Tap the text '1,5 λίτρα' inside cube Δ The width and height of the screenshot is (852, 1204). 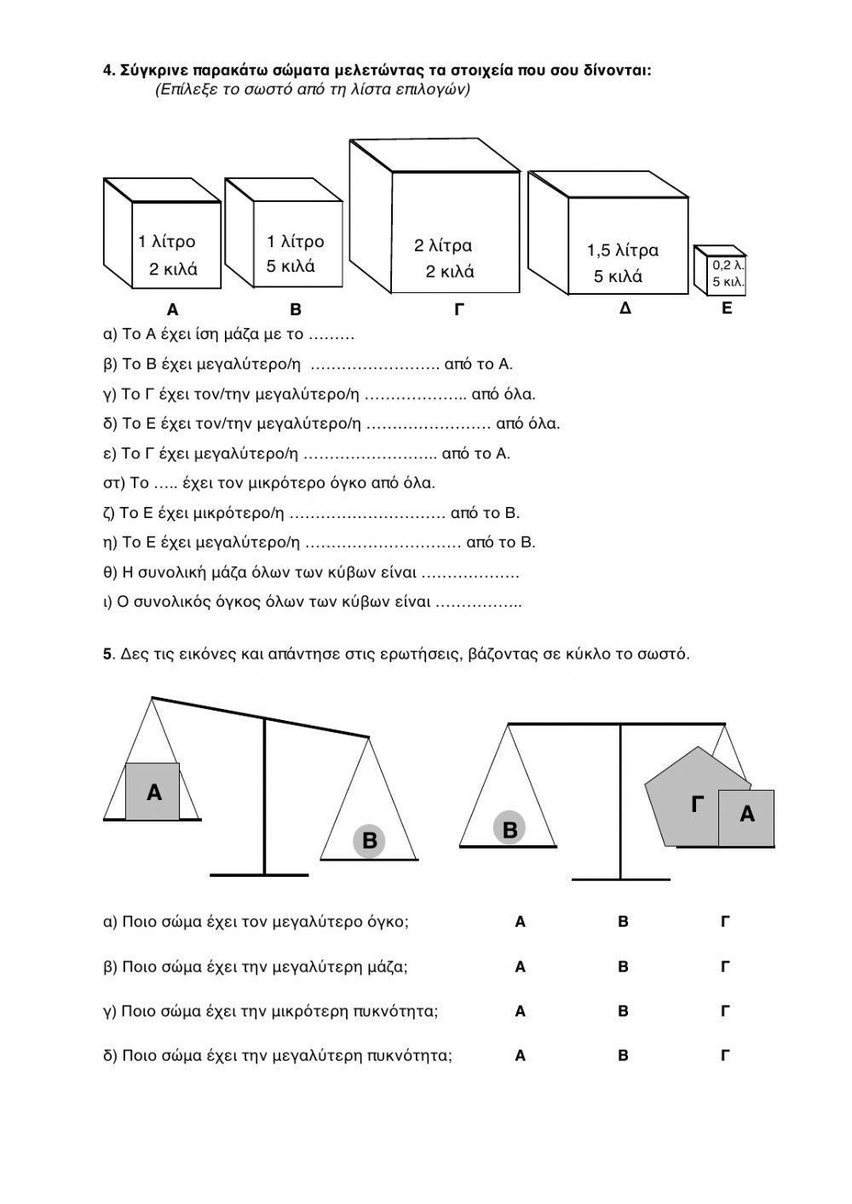(x=623, y=251)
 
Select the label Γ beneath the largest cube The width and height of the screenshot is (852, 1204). (x=458, y=310)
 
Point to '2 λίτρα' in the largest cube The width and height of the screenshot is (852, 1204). (x=443, y=246)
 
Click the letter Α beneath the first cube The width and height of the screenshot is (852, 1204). (x=173, y=310)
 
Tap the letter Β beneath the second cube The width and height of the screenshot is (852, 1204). (x=296, y=310)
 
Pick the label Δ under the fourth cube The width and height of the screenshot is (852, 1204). (x=625, y=308)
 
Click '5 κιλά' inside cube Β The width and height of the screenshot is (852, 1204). (x=291, y=267)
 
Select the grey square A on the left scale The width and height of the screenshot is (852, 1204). (x=153, y=792)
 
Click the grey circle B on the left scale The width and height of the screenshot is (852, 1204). (x=370, y=840)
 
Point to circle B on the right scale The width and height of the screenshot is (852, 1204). (x=510, y=829)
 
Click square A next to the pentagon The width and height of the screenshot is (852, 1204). (x=746, y=816)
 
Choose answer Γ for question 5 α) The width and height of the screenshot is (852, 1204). (x=726, y=922)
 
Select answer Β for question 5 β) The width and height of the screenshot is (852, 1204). (x=623, y=967)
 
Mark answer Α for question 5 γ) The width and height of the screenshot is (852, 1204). (x=521, y=1011)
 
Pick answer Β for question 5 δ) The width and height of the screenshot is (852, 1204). (x=623, y=1056)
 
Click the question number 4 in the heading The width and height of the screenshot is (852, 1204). (x=108, y=70)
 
